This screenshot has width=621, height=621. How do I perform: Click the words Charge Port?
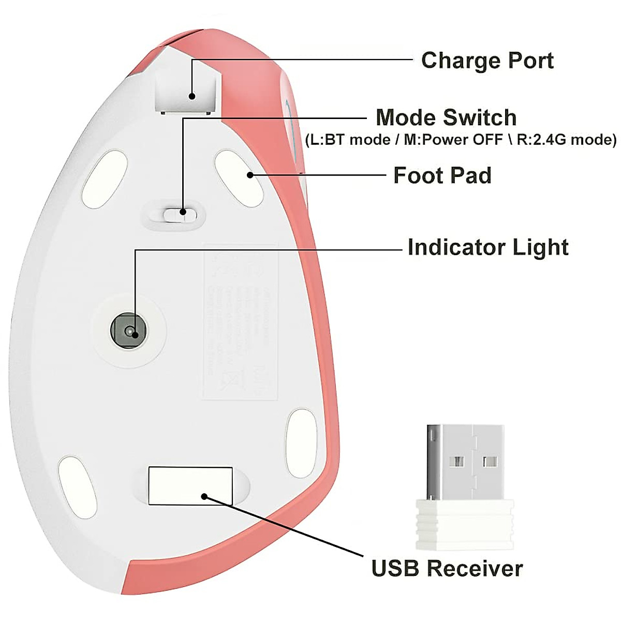point(487,61)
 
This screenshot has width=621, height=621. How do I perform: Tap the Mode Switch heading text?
point(446,118)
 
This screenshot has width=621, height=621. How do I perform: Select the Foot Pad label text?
point(442,175)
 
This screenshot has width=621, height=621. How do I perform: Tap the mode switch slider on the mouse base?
point(175,213)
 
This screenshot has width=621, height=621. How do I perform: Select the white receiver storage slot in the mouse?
point(190,485)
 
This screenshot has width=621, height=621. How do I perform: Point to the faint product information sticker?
point(240,321)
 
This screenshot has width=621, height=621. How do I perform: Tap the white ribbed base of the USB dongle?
point(465,524)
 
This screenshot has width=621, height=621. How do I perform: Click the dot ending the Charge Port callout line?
point(192,96)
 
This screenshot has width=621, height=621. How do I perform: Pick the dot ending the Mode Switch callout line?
point(183,211)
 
